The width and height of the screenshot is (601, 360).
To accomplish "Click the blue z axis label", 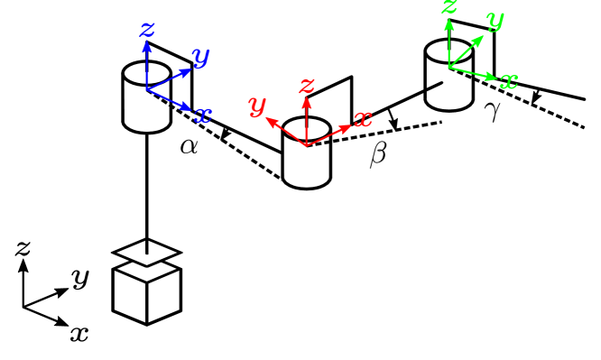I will click(147, 30).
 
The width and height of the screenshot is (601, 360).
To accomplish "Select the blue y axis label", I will click(200, 57).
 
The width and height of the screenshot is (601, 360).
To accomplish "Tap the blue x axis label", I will click(204, 115).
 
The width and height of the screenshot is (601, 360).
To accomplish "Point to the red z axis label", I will click(307, 86).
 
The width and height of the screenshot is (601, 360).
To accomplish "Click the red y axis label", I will click(257, 106).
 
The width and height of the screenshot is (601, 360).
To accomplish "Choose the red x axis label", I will click(363, 119).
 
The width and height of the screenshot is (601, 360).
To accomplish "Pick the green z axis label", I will click(449, 7).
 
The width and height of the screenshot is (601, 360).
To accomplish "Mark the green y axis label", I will click(495, 19).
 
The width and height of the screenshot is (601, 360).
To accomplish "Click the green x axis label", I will click(509, 81).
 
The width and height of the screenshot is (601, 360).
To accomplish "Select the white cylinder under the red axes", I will click(307, 165).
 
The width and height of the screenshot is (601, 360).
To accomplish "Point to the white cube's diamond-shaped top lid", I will click(147, 252).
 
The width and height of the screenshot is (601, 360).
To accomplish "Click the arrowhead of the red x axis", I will click(347, 127).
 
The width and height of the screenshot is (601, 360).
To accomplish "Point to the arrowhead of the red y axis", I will click(270, 120).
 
